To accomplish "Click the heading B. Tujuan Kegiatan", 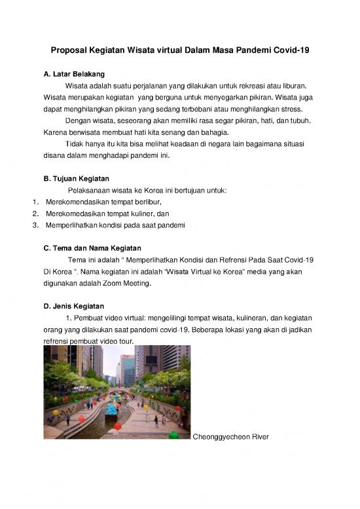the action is coord(76,178).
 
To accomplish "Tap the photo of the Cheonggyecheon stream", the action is coord(117,392).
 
